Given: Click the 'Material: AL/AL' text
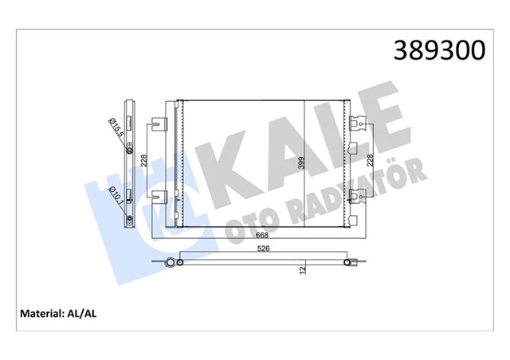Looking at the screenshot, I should pyautogui.click(x=65, y=313).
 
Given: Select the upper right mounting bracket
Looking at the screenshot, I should pyautogui.click(x=358, y=123).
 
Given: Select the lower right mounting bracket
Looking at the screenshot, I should pyautogui.click(x=358, y=195).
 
